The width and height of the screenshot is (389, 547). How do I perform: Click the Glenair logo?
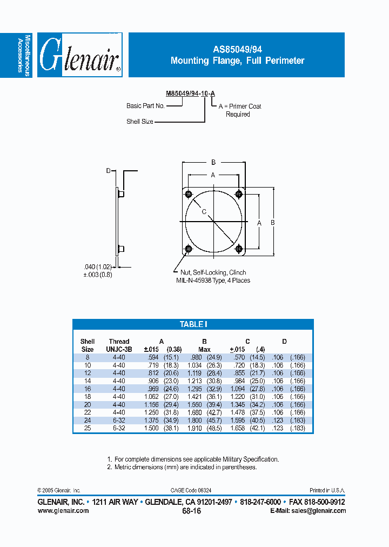pos(80,55)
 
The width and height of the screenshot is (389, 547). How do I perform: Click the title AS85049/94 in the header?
pos(237,49)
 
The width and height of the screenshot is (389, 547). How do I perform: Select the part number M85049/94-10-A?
pos(191,94)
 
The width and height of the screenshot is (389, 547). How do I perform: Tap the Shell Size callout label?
pos(140,122)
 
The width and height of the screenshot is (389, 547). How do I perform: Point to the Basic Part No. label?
pos(145,106)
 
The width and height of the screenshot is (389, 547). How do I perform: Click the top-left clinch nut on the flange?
pos(188,195)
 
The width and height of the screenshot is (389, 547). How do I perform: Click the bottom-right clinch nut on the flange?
pos(238,249)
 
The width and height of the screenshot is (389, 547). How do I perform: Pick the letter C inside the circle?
pos(204,211)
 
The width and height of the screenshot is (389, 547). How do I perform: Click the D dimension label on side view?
pos(108,171)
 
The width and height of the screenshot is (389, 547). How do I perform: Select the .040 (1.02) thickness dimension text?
pos(97,266)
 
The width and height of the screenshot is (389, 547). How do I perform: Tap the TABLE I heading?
pos(193,324)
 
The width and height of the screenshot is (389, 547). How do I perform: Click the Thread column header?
pos(119,341)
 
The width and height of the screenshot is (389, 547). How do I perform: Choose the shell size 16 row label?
pos(87,389)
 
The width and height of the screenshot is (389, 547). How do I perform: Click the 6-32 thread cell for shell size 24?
pos(119,420)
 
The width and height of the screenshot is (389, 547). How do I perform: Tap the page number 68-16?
pos(191,511)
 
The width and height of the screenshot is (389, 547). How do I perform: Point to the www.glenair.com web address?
pos(63,511)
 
